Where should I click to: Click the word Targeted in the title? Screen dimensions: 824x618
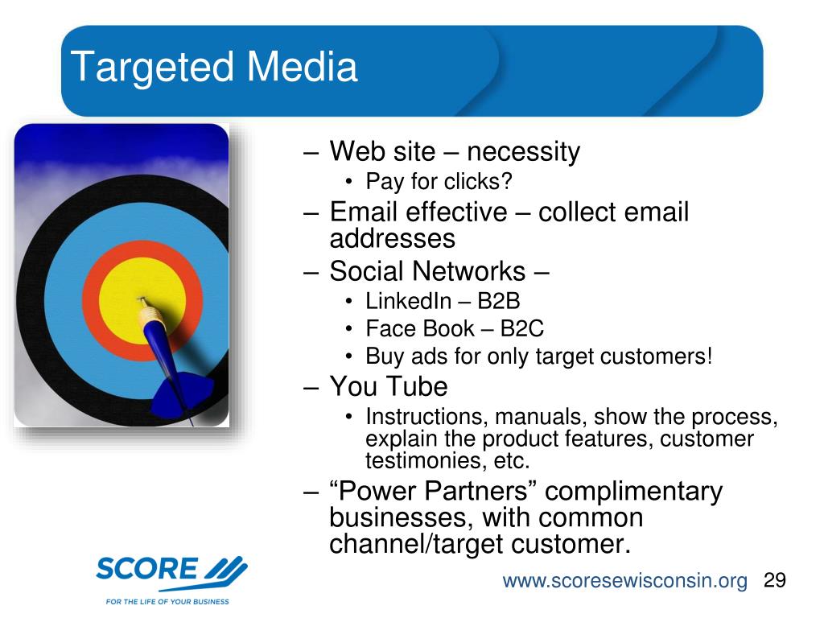point(152,68)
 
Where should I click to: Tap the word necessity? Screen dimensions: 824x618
point(523,152)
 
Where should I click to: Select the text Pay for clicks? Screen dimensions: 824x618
point(439,182)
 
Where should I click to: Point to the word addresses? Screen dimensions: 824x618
point(392,238)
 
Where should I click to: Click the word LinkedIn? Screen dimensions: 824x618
point(408,301)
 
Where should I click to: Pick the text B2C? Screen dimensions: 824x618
point(521,329)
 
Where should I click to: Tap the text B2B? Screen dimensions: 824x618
point(499,301)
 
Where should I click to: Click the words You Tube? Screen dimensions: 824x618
point(389,386)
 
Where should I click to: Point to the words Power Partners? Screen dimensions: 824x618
point(433,491)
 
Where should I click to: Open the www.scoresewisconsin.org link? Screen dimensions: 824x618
point(624,581)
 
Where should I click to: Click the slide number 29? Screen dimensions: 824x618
point(775,580)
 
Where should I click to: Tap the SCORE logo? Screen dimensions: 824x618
point(171,572)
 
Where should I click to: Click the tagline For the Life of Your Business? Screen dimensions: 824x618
point(167,601)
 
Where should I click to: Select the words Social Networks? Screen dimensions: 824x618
point(427,271)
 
